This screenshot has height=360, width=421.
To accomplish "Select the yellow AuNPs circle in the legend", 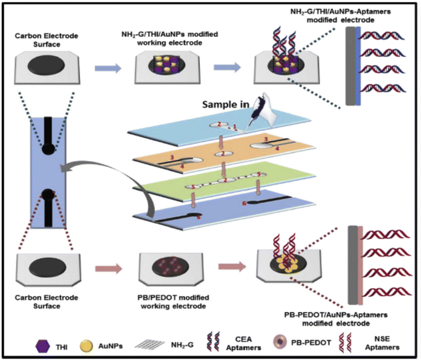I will tap(83, 345).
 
